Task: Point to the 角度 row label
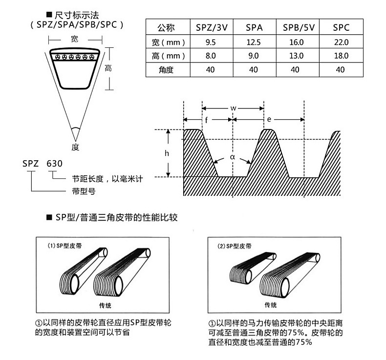[x=167, y=70]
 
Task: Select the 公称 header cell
[x=167, y=27]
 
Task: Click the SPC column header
[x=341, y=27]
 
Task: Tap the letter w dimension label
[x=233, y=107]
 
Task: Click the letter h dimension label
[x=167, y=153]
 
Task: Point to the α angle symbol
[x=233, y=157]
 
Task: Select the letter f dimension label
[x=206, y=120]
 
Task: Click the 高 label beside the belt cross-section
[x=108, y=69]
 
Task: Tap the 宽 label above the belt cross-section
[x=74, y=39]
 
